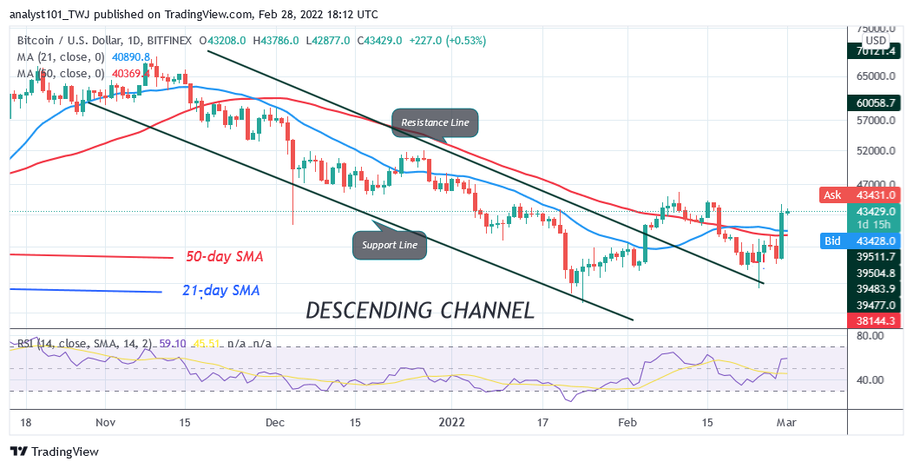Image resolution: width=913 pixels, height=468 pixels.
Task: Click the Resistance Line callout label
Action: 435,122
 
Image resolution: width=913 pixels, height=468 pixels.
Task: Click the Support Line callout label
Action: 390,246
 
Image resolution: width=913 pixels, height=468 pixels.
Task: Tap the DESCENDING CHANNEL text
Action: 420,309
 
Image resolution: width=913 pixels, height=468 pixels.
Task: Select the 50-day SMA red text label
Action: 224,257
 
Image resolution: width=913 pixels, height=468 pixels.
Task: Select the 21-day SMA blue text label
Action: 222,291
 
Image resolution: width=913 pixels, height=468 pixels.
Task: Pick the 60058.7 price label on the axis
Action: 875,102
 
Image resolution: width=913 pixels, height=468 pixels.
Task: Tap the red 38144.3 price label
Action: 875,320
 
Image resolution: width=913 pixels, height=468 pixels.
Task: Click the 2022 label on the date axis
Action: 451,422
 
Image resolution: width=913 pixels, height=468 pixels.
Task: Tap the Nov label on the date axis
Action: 105,422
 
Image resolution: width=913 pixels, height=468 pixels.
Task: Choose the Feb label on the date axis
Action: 629,422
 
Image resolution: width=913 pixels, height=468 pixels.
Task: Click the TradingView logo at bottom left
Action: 54,452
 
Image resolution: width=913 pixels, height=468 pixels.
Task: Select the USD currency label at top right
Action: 876,41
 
